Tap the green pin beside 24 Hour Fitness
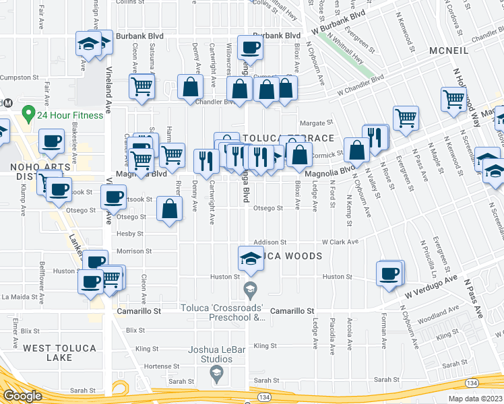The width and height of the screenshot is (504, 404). coord(28,113)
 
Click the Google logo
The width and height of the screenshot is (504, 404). coord(22,395)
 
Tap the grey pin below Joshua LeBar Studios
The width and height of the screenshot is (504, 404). coord(216,373)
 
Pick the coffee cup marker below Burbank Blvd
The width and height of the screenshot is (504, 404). coord(250,48)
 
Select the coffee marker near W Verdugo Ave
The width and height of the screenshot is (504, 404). coord(389,273)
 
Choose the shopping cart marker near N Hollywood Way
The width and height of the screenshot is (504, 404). coord(453,100)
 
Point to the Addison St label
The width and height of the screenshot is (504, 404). coord(270,242)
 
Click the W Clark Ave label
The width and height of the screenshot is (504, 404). coord(340,242)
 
